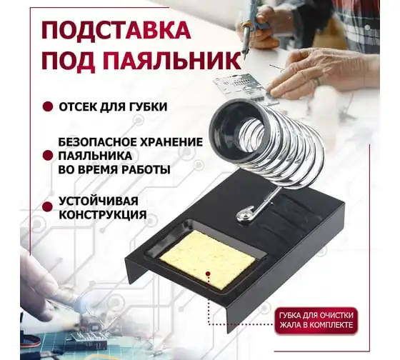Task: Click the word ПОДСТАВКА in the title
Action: coord(116,31)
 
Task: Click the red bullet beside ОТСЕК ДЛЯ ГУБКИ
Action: coord(48,106)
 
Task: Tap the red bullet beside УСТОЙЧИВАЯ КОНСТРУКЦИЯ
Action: coord(48,207)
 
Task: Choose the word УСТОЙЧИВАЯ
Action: coord(99,201)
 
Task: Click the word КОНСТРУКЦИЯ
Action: coord(103,214)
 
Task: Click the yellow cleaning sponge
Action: coord(206,259)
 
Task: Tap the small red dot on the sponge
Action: coord(208,274)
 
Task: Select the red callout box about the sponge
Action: coord(316,321)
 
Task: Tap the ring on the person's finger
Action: coord(317,81)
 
